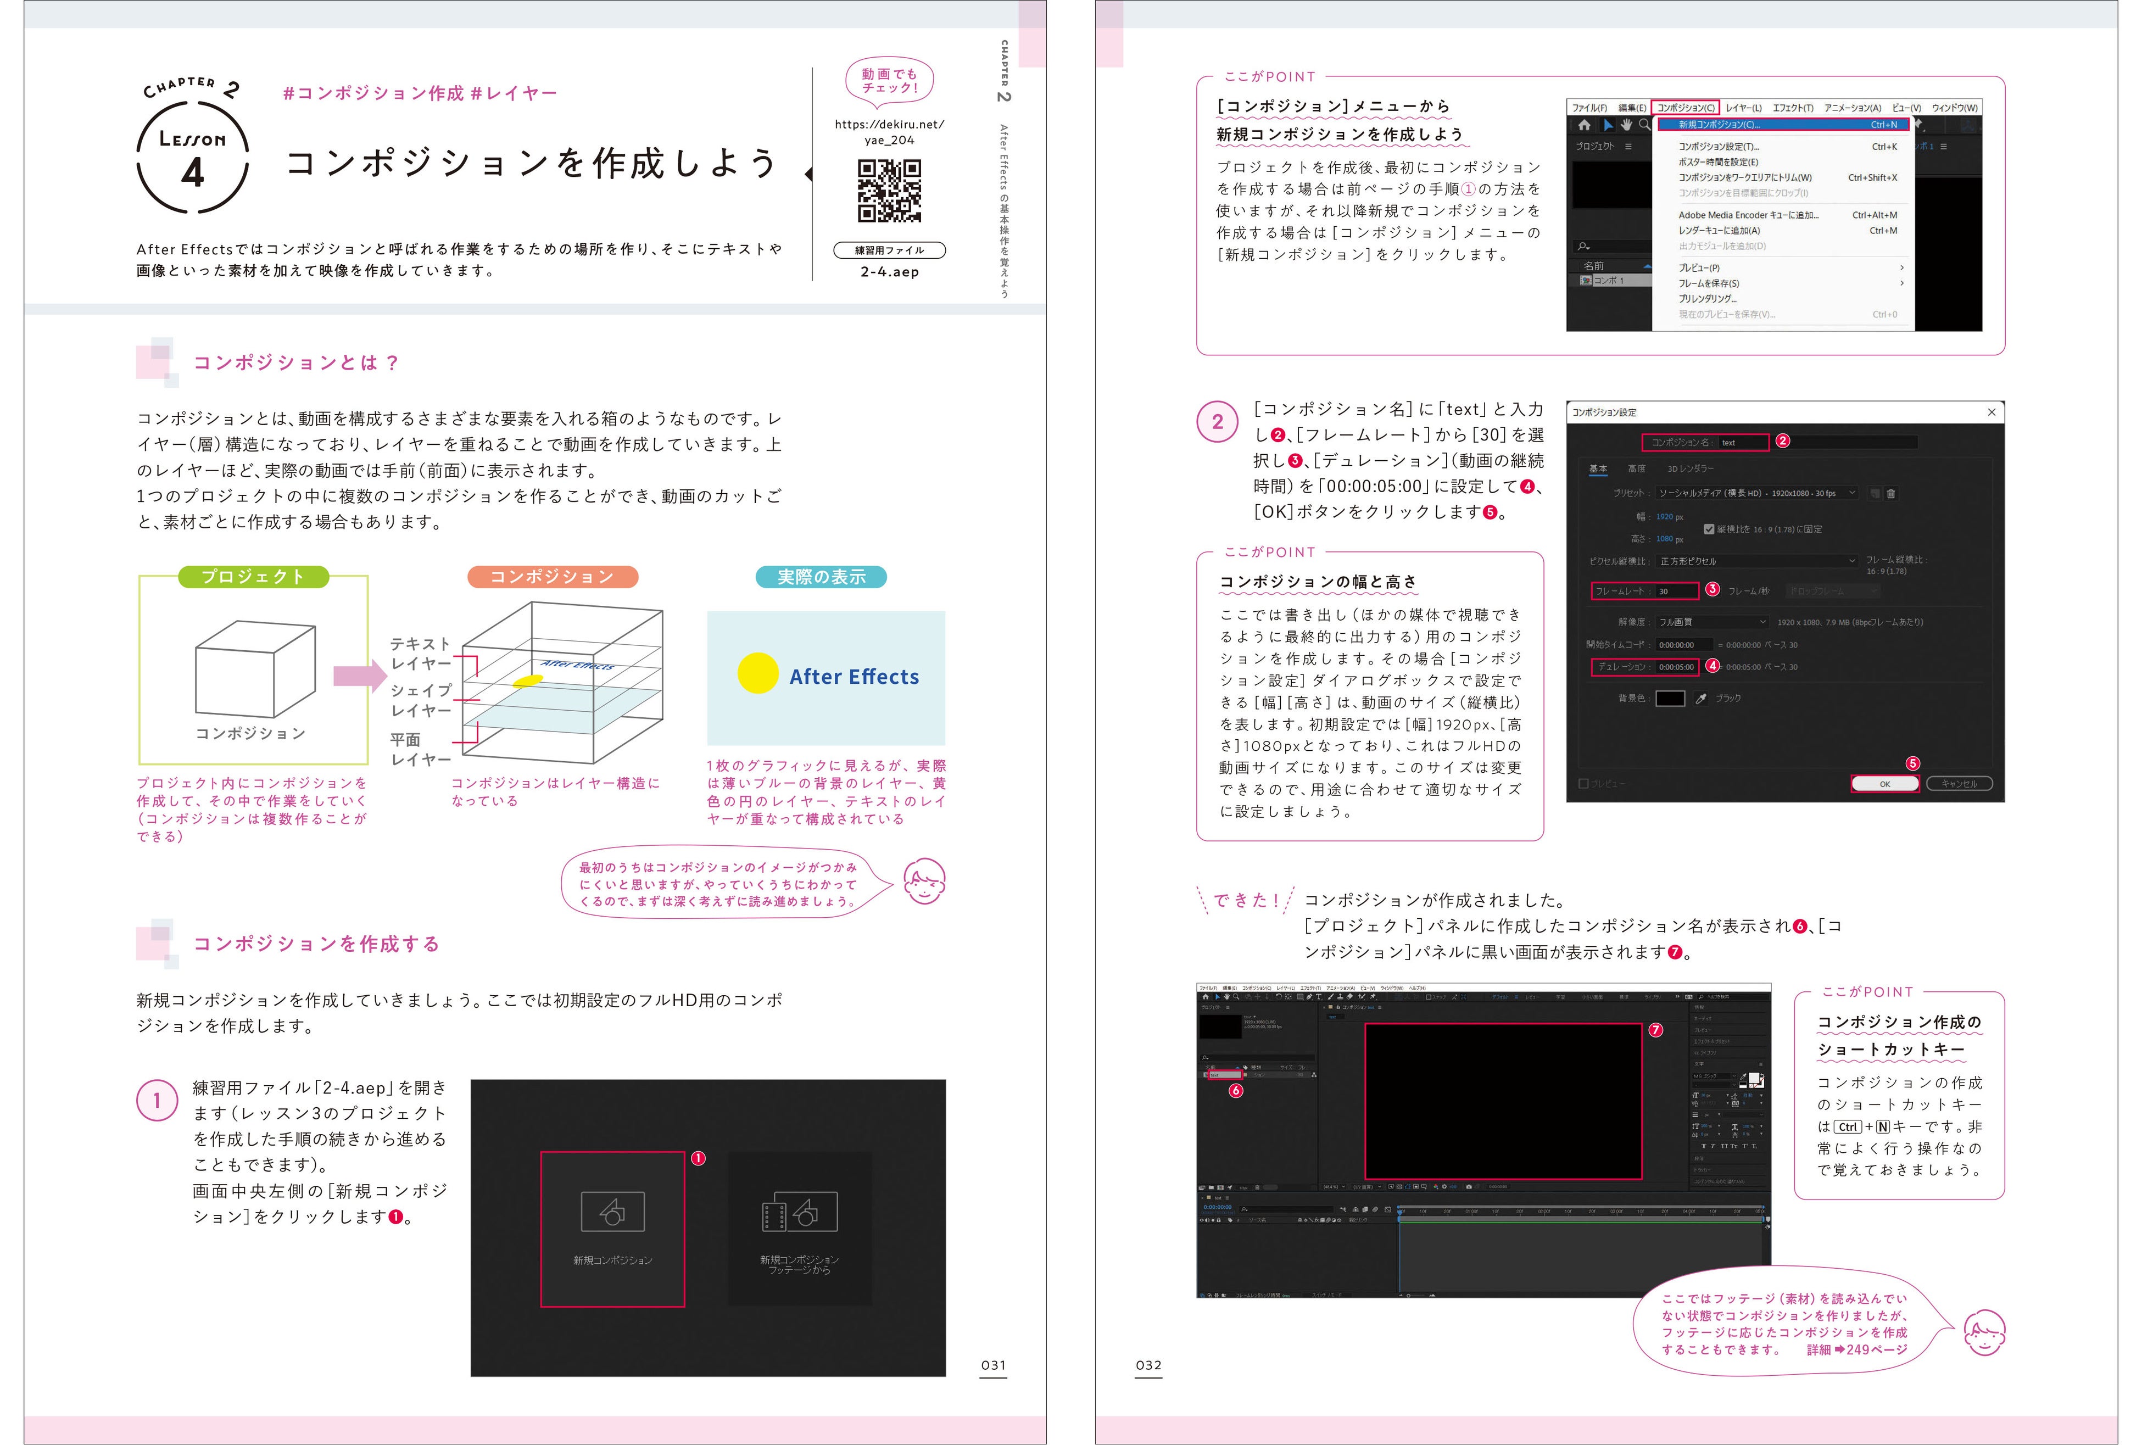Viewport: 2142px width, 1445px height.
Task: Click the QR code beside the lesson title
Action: (x=889, y=191)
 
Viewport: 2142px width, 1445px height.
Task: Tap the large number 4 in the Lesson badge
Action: (x=193, y=172)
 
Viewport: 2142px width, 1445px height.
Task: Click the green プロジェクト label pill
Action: (x=253, y=577)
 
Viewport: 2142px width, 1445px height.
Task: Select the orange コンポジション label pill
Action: (x=552, y=577)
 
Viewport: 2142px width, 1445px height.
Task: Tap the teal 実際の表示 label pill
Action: (x=821, y=577)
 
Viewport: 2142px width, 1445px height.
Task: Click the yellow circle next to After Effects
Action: (x=757, y=674)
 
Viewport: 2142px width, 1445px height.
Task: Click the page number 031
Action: (x=993, y=1365)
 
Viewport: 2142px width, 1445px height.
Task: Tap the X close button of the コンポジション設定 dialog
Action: (x=1991, y=412)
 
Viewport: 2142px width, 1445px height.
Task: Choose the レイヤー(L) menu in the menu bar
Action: (x=1743, y=108)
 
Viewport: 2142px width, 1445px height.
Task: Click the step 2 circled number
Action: (x=1217, y=422)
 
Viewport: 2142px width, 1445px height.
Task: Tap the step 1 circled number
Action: (x=157, y=1100)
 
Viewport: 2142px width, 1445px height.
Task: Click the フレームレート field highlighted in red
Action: (x=1644, y=591)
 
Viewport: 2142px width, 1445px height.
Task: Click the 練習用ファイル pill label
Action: (x=889, y=250)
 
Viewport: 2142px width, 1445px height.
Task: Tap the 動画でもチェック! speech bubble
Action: (x=889, y=81)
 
